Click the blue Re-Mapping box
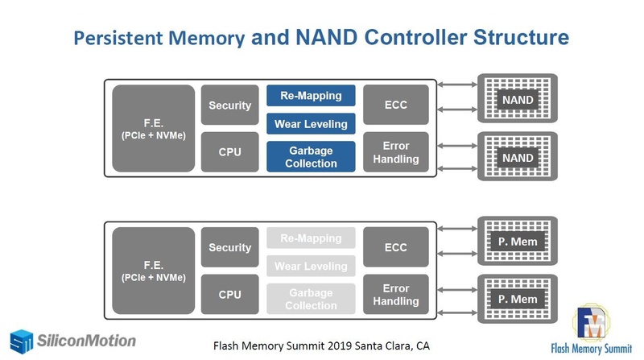pyautogui.click(x=311, y=97)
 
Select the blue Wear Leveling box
pyautogui.click(x=311, y=124)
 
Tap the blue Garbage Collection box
pyautogui.click(x=311, y=156)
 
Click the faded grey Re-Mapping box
pyautogui.click(x=311, y=239)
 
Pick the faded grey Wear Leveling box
pyautogui.click(x=311, y=267)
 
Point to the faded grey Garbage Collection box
pyautogui.click(x=311, y=299)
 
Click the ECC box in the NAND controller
pyautogui.click(x=396, y=106)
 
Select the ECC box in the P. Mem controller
pyautogui.click(x=396, y=248)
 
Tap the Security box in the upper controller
pyautogui.click(x=230, y=106)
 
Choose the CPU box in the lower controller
pyautogui.click(x=230, y=295)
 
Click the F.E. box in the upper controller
pyautogui.click(x=153, y=129)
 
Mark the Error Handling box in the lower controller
pyautogui.click(x=396, y=295)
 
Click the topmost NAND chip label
pyautogui.click(x=518, y=100)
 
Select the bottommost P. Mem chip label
pyautogui.click(x=518, y=300)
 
